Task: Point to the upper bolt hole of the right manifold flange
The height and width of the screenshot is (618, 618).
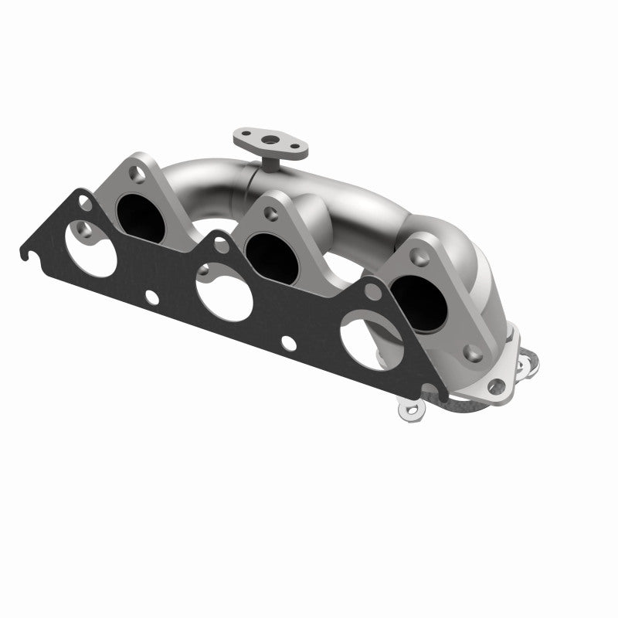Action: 418,250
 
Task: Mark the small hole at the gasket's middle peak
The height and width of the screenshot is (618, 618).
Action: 222,246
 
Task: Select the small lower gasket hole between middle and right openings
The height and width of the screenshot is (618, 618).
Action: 287,346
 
